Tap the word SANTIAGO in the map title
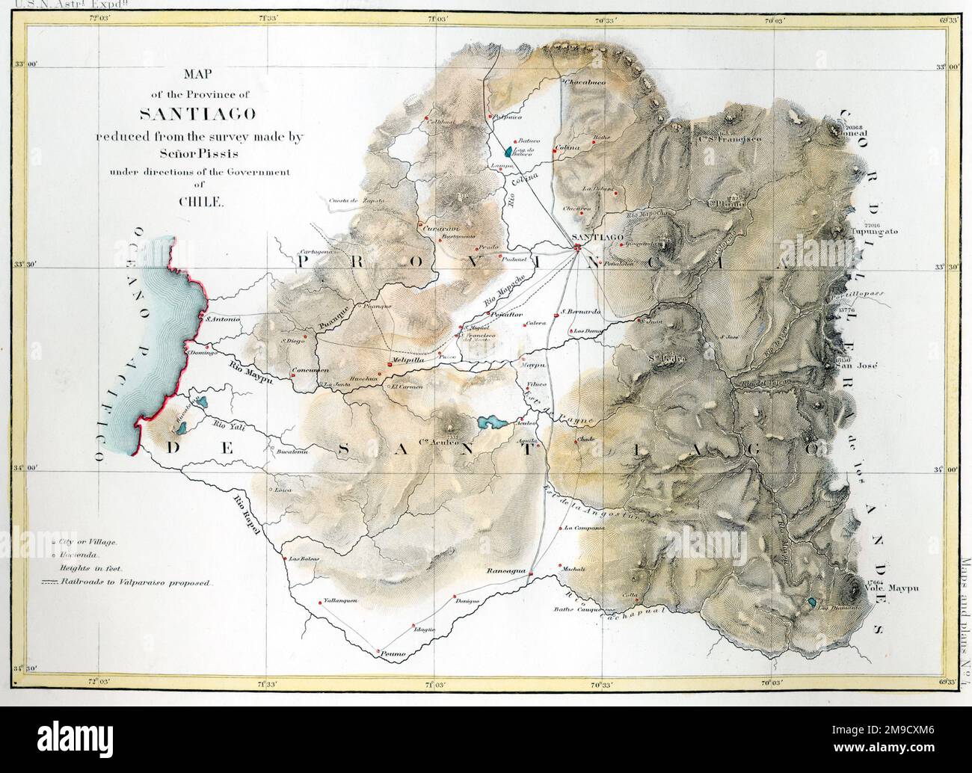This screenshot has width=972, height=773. (187, 114)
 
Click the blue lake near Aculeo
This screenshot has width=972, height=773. (490, 423)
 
